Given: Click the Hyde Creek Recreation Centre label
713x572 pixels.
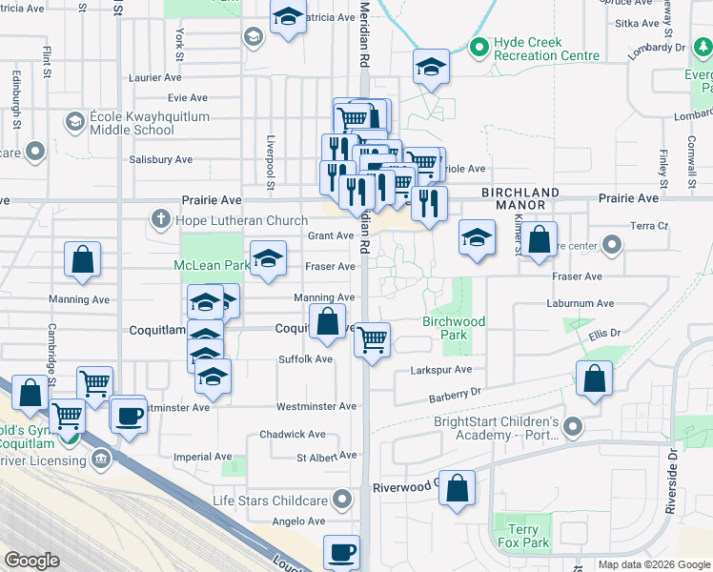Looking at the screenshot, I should point(546,50).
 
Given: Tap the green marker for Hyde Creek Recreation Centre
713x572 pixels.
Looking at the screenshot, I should point(479,44).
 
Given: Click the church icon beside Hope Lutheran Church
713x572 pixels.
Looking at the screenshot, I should point(159,221).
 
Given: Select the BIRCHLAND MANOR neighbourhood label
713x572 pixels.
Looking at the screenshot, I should point(514,198).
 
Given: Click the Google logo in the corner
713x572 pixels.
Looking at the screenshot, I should point(31,561).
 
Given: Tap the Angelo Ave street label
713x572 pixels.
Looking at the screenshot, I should point(299,521).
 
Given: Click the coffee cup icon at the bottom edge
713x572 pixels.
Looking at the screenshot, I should point(341,551).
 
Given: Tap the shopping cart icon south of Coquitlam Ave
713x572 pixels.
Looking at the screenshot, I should point(371,337).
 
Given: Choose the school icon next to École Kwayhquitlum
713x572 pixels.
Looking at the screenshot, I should point(74,122).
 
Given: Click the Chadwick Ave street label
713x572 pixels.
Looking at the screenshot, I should point(293,435).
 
